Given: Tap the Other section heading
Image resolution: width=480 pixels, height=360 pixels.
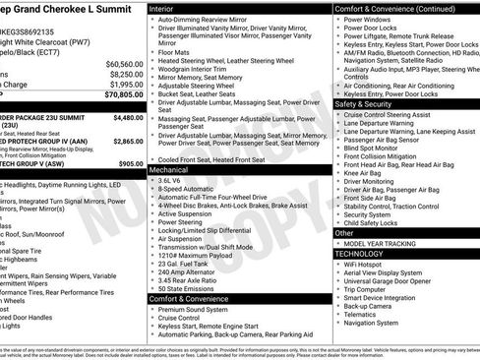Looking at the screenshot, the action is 345,233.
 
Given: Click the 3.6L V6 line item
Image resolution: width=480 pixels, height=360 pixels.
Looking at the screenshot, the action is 171,181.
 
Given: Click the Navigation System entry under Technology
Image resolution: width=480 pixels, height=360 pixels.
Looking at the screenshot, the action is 377,322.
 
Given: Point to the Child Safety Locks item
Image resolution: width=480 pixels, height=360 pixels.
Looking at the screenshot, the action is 378,224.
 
